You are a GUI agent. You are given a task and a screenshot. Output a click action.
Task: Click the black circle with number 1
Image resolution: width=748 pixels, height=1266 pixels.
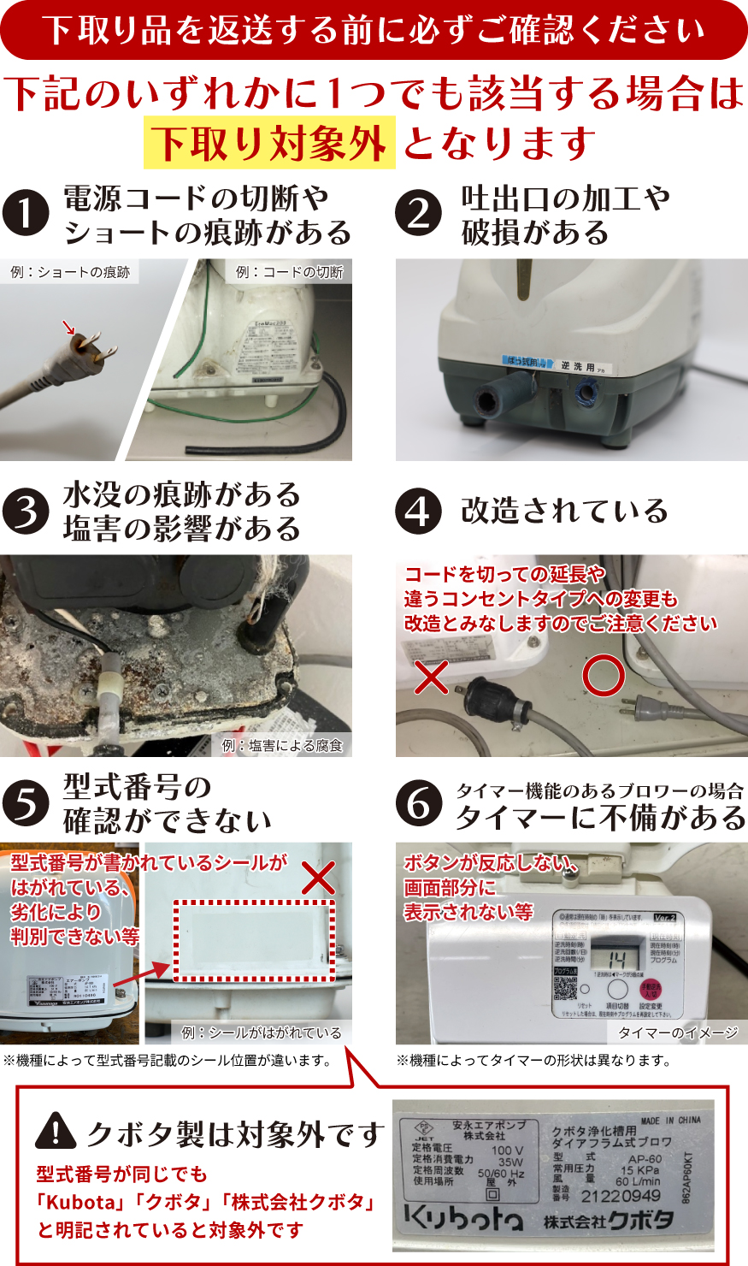(26, 213)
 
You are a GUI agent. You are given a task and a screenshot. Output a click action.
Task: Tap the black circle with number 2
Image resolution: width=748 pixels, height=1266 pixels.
(419, 213)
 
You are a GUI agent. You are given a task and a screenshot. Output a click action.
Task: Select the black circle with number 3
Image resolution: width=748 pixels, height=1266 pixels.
(26, 511)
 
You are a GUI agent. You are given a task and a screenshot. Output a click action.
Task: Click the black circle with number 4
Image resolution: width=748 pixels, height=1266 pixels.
(419, 511)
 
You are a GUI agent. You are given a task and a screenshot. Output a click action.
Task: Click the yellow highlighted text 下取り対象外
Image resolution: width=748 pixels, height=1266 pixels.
(269, 143)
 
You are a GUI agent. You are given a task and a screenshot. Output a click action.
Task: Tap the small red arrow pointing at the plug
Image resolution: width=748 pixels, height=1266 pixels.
(69, 328)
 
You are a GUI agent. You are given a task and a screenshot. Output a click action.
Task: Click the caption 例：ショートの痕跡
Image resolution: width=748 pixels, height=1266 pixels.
(70, 272)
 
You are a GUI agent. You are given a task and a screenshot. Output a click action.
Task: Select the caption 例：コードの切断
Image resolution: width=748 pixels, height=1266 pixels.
(289, 272)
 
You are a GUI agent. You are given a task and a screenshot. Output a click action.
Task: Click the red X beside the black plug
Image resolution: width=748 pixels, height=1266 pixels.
(432, 677)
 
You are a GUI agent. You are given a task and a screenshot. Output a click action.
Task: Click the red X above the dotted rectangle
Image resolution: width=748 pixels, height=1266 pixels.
(319, 878)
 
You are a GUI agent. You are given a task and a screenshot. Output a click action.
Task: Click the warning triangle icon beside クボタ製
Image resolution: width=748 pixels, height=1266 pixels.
(56, 1132)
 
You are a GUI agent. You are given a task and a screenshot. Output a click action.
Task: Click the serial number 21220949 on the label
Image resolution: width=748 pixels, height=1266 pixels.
(621, 1196)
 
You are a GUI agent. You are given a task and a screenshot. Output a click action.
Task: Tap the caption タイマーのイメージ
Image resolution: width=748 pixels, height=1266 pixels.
(677, 1032)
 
